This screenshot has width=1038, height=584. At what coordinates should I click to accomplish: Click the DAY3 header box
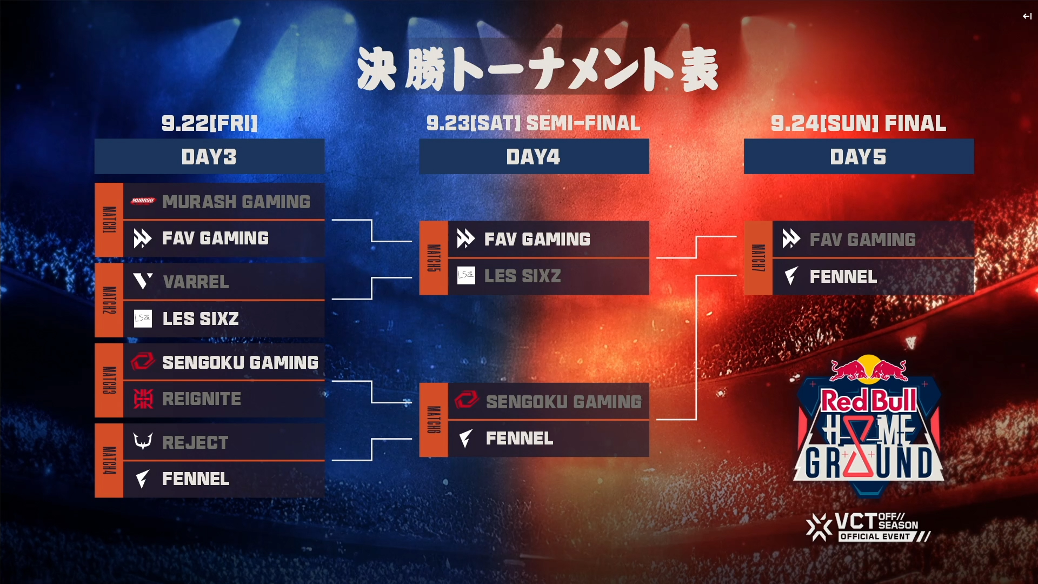pos(209,157)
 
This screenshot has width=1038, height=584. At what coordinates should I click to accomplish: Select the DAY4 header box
pos(534,157)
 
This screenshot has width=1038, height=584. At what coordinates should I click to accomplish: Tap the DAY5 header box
pos(859,157)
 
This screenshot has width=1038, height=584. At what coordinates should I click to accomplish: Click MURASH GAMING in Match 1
pos(236,202)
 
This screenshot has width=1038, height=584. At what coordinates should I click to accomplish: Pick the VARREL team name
pos(196,282)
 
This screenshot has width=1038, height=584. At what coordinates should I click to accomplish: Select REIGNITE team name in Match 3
pos(202,399)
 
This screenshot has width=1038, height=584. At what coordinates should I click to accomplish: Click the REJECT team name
pos(195,442)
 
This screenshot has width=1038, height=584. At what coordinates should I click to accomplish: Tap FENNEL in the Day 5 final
pos(843,277)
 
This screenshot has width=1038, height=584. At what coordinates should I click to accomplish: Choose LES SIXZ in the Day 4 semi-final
pos(522,276)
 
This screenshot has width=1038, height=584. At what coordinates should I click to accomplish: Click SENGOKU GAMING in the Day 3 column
pos(240,362)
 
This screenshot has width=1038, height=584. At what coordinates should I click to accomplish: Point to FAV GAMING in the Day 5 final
pos(862,240)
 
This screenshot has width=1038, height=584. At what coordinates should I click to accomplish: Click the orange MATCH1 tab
pos(109,220)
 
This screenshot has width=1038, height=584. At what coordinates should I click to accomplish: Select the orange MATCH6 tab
pos(434,420)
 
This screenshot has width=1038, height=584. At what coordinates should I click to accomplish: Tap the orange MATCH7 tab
pos(758,258)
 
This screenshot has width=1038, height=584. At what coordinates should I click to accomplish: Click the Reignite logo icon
pos(143,399)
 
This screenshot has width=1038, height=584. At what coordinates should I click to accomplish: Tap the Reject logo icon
pos(143,442)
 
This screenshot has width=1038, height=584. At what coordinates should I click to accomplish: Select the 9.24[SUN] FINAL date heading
pos(859,123)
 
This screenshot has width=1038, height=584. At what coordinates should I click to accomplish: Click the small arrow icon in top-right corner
pos(1027,16)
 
